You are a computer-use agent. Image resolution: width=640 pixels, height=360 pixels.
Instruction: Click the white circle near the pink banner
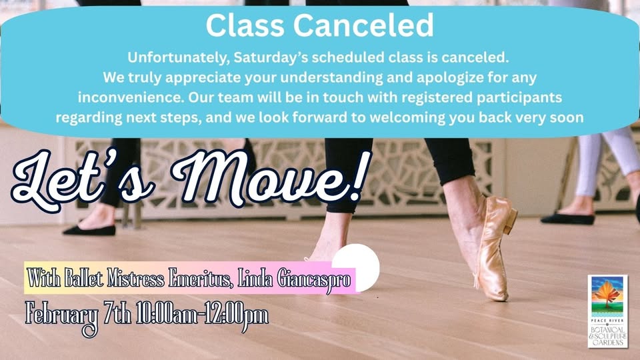(356, 265)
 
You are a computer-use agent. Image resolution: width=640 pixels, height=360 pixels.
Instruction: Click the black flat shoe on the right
(567, 218)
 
